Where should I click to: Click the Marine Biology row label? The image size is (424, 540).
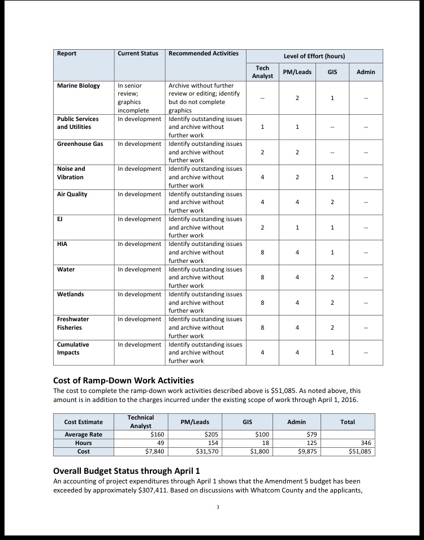pos(79,86)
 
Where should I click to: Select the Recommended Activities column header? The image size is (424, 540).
pos(204,54)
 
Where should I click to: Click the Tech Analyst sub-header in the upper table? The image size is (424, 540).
pos(262,72)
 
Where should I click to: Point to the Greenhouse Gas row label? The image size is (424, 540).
pos(80,144)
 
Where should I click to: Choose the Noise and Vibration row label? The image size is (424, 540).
pos(71,173)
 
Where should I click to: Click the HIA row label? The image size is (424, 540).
pos(62,244)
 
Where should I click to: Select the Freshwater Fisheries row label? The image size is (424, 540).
pos(73,323)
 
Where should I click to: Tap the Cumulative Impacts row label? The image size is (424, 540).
pos(73,348)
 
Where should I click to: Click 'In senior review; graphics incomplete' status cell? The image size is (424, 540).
pos(133,98)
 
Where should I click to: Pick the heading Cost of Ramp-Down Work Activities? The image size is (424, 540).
pos(123,380)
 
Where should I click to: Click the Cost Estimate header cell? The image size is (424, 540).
pos(84,422)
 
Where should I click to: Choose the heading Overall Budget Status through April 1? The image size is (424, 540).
pos(126,471)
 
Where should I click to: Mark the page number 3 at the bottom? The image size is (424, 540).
pos(218,507)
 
